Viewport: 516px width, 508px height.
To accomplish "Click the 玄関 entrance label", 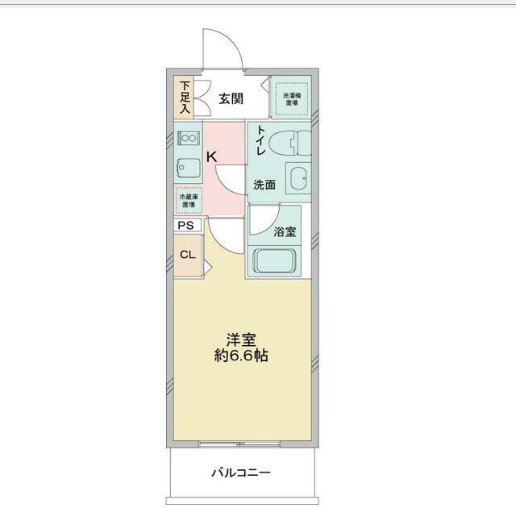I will [231, 99].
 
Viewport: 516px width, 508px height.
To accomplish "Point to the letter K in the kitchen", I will [211, 157].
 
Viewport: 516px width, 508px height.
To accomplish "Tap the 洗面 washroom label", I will [264, 185].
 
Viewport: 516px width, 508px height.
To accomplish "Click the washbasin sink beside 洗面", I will [299, 177].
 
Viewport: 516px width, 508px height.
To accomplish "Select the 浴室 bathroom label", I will [285, 232].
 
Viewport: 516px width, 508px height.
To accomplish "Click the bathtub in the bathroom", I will [277, 260].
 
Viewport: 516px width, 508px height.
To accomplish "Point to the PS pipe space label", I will [186, 226].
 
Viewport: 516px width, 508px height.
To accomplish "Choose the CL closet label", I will [187, 255].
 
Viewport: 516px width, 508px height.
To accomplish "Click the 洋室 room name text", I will [239, 339].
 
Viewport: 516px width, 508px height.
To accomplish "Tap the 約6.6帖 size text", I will [239, 356].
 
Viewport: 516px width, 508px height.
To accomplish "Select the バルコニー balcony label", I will [241, 473].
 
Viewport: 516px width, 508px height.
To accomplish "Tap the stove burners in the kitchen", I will [188, 138].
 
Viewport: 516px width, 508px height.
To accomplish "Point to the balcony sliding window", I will [239, 444].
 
